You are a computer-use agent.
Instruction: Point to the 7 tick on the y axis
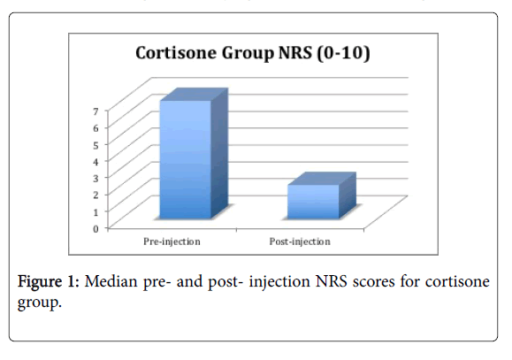(96, 111)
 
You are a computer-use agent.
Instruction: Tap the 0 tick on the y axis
(96, 229)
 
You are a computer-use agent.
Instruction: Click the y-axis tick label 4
(96, 162)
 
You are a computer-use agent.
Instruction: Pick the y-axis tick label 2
(96, 195)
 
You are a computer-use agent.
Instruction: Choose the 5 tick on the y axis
(96, 145)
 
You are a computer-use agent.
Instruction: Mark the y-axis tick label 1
(96, 212)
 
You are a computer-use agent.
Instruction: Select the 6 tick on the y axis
(96, 128)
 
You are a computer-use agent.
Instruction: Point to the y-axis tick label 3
(96, 179)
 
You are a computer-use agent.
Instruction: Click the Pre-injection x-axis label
(172, 241)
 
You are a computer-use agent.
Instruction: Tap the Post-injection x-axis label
(300, 241)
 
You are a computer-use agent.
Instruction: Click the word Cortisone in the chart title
(176, 52)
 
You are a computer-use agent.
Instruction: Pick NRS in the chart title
(294, 52)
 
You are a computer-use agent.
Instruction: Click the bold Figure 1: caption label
(49, 281)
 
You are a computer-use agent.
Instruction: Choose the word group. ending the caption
(40, 303)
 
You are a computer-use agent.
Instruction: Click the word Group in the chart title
(248, 53)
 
